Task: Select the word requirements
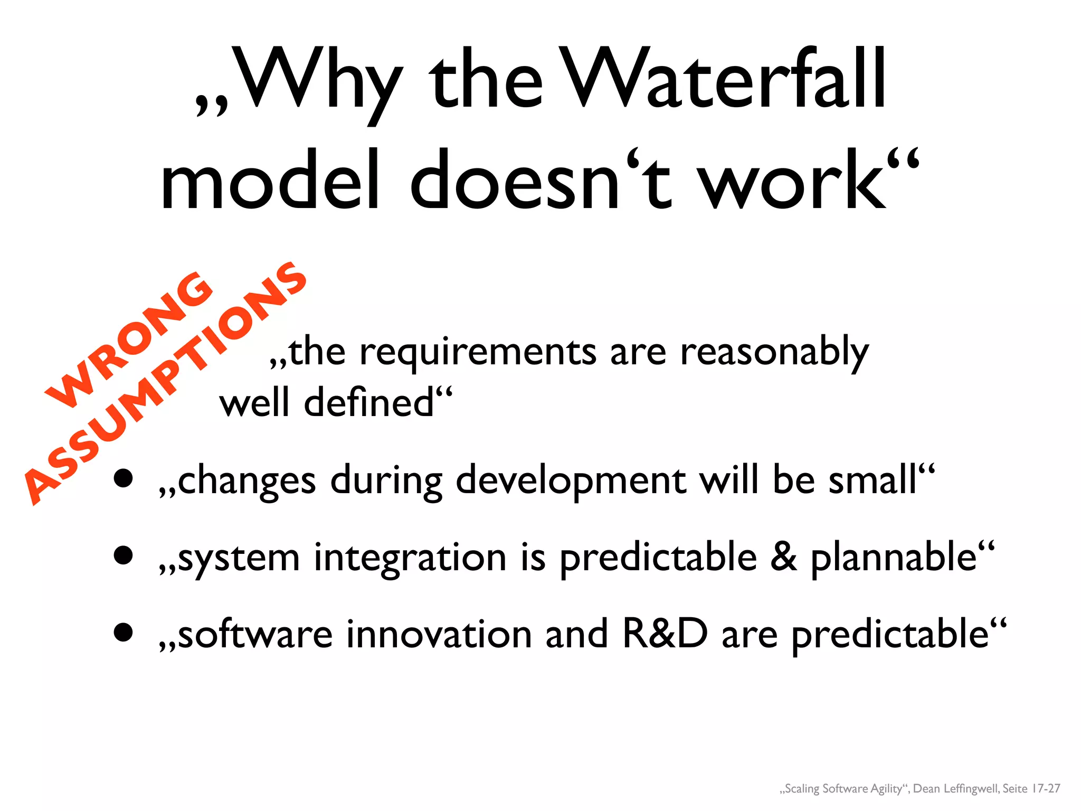tap(477, 353)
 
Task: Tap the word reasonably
tap(773, 353)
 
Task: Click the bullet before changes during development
tap(124, 478)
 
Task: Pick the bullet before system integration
tap(124, 555)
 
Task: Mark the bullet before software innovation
tap(124, 633)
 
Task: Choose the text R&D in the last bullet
tap(665, 633)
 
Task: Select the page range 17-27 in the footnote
tap(1046, 789)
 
